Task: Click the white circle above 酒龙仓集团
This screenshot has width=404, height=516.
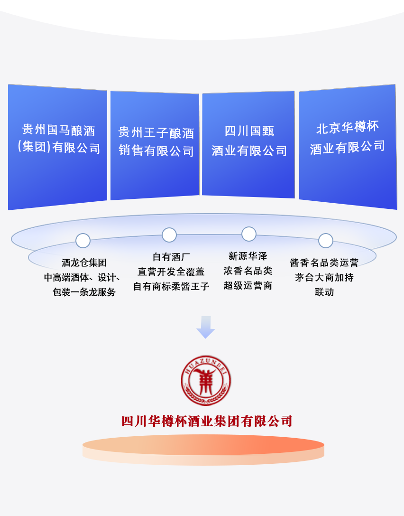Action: pos(83,241)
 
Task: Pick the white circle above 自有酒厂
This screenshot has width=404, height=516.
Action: pos(169,235)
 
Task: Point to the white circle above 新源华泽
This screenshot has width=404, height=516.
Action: pos(248,234)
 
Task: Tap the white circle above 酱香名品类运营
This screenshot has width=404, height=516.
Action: pos(325,241)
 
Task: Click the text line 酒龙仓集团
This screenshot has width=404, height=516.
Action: pos(84,263)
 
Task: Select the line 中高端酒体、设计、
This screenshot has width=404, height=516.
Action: pos(83,278)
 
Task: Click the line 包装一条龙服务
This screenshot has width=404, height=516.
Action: pos(84,292)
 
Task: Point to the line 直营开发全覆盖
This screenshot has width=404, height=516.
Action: pos(171,272)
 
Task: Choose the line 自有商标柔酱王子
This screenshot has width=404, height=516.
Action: pos(171,287)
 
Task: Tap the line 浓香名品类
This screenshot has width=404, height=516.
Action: pos(248,271)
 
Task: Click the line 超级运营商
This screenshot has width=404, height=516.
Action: pos(248,286)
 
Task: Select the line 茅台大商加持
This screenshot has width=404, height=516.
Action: pos(324,278)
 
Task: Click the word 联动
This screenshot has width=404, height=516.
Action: pos(324,292)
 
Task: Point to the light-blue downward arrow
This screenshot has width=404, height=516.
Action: pos(206,327)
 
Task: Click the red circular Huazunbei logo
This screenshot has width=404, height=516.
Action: pos(205,381)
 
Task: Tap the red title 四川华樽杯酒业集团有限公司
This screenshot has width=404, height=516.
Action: pos(207,421)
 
